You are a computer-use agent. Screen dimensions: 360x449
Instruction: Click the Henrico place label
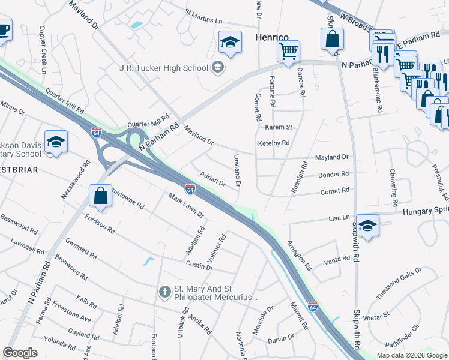pos(273,37)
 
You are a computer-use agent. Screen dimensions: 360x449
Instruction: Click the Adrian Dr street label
pos(212,178)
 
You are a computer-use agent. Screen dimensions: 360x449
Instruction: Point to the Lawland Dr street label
pos(238,170)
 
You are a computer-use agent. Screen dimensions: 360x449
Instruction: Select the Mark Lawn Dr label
pos(186,206)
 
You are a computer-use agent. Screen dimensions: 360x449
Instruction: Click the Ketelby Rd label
pos(274,143)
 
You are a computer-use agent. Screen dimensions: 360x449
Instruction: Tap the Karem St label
pos(279,127)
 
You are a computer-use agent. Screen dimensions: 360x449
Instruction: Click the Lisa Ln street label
pos(338,218)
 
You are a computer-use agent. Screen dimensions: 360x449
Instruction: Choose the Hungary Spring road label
pos(425,212)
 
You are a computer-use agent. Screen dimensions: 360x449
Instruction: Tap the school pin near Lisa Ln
pos(368,225)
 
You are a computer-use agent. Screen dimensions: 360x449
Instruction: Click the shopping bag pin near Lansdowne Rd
pos(100,195)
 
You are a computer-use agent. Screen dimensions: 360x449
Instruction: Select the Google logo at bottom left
pos(20,353)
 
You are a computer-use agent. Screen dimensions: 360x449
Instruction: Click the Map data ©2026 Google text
pos(411,355)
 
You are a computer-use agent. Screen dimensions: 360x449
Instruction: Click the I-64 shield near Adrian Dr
pos(190,189)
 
